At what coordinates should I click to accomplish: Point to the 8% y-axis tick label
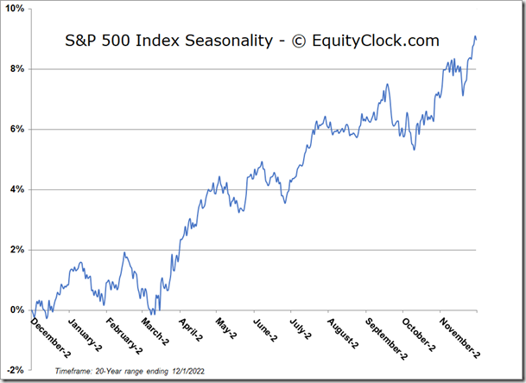(x=17, y=69)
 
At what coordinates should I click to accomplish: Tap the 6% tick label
(x=17, y=130)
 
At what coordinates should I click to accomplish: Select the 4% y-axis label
(x=17, y=189)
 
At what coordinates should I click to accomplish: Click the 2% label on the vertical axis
(x=17, y=250)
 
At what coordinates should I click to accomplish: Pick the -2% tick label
(x=16, y=369)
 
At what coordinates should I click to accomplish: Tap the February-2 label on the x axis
(x=124, y=335)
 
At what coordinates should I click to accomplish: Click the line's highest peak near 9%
(x=474, y=36)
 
